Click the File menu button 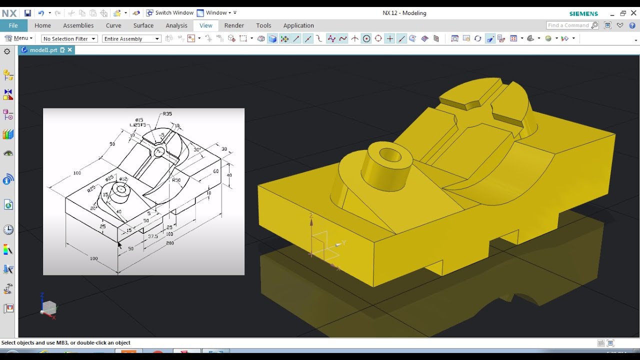point(13,25)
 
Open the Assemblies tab point(78,25)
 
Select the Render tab point(234,25)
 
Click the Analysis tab point(176,25)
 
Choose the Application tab point(298,25)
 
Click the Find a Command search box point(569,25)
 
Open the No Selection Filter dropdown point(69,38)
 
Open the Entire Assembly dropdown point(131,38)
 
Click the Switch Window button point(169,13)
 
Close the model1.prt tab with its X point(70,50)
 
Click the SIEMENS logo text point(583,13)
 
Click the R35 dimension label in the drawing point(167,113)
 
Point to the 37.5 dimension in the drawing point(153,236)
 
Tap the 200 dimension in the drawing point(169,242)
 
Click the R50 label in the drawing point(176,180)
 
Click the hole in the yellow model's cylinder point(390,155)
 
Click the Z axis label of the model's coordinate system point(311,215)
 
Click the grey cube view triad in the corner point(49,307)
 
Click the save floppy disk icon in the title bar point(27,13)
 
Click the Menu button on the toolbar point(18,38)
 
